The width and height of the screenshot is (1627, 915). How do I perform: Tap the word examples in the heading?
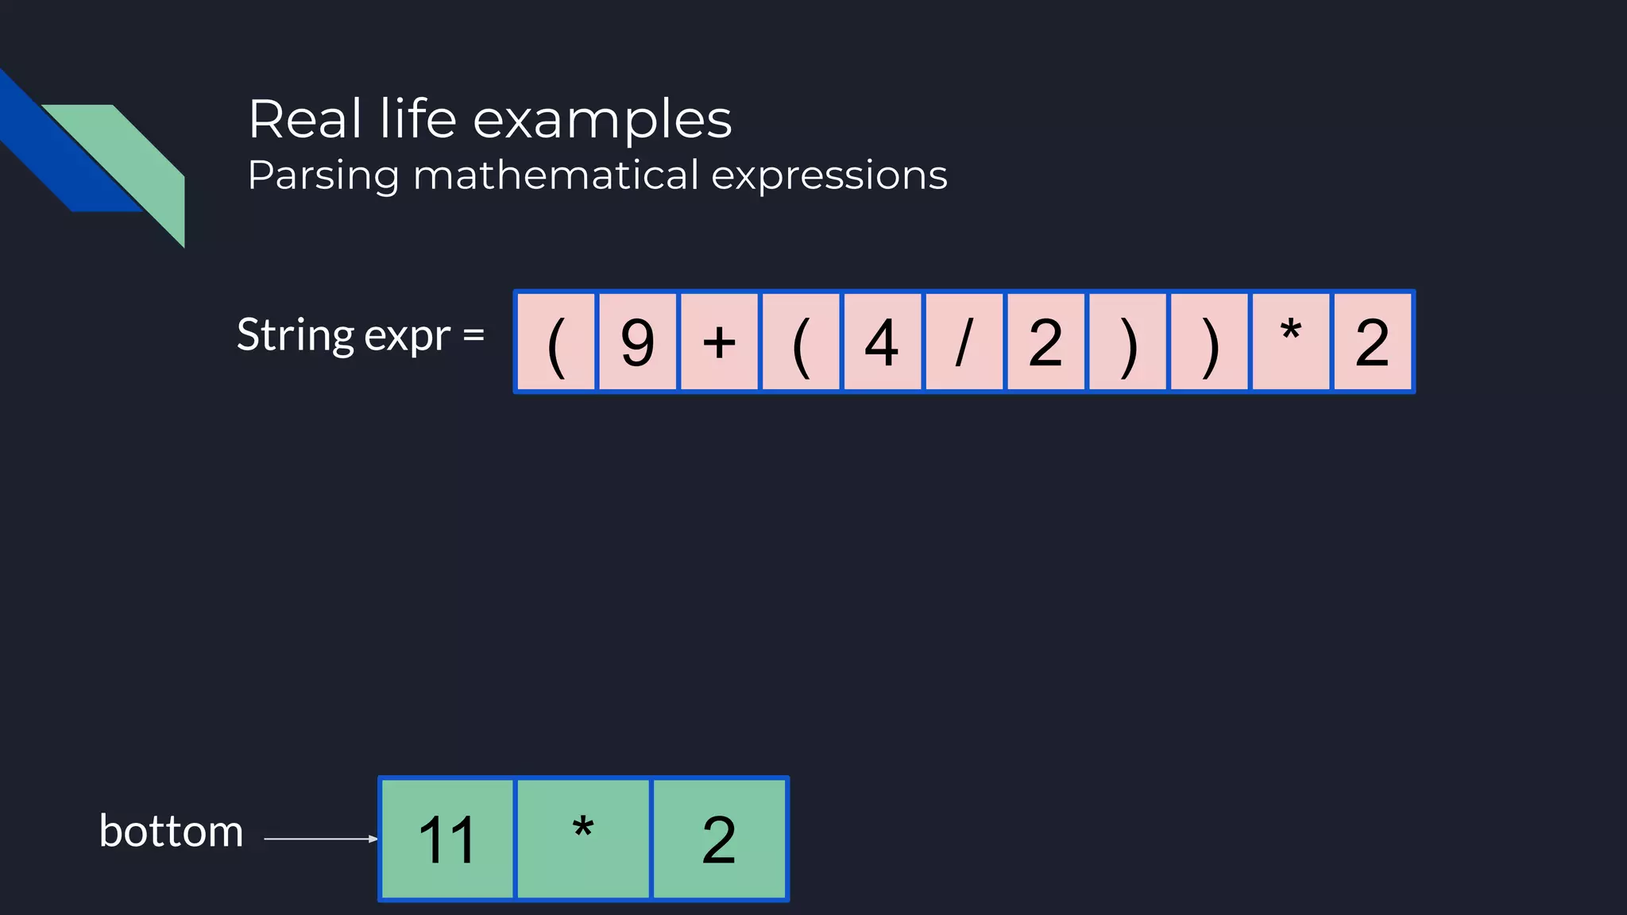pyautogui.click(x=602, y=121)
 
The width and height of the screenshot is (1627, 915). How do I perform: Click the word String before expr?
pyautogui.click(x=295, y=335)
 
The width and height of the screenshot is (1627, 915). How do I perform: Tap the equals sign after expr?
pyautogui.click(x=473, y=335)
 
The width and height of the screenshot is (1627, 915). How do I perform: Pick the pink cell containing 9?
pyautogui.click(x=637, y=342)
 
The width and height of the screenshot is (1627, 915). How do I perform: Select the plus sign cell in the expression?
pyautogui.click(x=719, y=342)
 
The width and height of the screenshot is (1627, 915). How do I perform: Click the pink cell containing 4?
pyautogui.click(x=881, y=342)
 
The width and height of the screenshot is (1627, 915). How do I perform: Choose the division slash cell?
pyautogui.click(x=964, y=342)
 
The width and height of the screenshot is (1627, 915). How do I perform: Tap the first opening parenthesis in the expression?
pyautogui.click(x=556, y=342)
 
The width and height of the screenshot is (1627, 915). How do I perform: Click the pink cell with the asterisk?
pyautogui.click(x=1290, y=342)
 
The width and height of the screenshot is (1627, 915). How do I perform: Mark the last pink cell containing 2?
pyautogui.click(x=1372, y=342)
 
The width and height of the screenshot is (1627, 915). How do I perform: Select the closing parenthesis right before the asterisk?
pyautogui.click(x=1208, y=342)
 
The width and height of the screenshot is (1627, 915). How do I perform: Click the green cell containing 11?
pyautogui.click(x=447, y=839)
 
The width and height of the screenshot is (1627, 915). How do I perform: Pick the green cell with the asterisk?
pyautogui.click(x=583, y=839)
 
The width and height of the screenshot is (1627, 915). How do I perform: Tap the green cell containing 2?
pyautogui.click(x=719, y=839)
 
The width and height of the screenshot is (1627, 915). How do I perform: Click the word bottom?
pyautogui.click(x=171, y=832)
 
